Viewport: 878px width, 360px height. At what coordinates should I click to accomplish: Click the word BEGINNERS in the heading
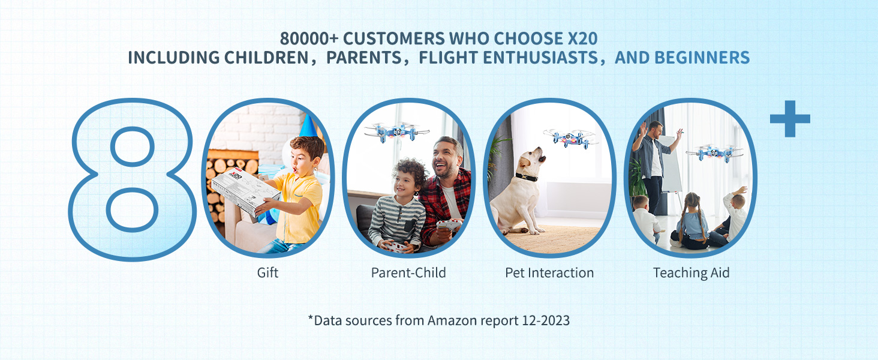tap(702, 58)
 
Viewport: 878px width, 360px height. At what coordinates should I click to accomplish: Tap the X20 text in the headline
tap(582, 38)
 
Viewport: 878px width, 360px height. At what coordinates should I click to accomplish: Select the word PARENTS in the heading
tap(364, 58)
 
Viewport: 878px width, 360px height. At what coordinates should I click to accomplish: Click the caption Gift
tap(267, 272)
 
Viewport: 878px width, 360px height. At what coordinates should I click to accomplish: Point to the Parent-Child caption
tap(408, 272)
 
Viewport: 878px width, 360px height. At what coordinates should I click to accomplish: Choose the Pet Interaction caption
tap(549, 272)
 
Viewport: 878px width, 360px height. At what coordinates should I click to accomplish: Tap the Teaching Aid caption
tap(691, 273)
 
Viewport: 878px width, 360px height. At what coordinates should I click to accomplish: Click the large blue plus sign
tap(790, 119)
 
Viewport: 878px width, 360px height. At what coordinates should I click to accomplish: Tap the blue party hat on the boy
tap(309, 125)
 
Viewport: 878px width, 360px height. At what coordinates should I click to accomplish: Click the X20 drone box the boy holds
tap(246, 191)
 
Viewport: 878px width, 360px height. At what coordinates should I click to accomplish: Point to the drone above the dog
tap(571, 137)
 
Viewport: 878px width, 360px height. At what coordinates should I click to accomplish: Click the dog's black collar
tap(527, 177)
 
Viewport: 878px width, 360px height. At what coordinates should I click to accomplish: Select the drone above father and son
tap(396, 132)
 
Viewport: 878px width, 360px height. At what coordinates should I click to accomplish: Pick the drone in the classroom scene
tap(715, 154)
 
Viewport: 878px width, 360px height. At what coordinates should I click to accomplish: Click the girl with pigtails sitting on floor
tap(692, 222)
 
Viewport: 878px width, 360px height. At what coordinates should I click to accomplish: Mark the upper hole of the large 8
tap(133, 146)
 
